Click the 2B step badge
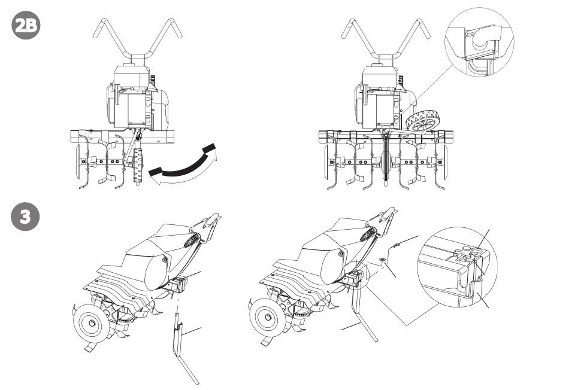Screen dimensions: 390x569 26,26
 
